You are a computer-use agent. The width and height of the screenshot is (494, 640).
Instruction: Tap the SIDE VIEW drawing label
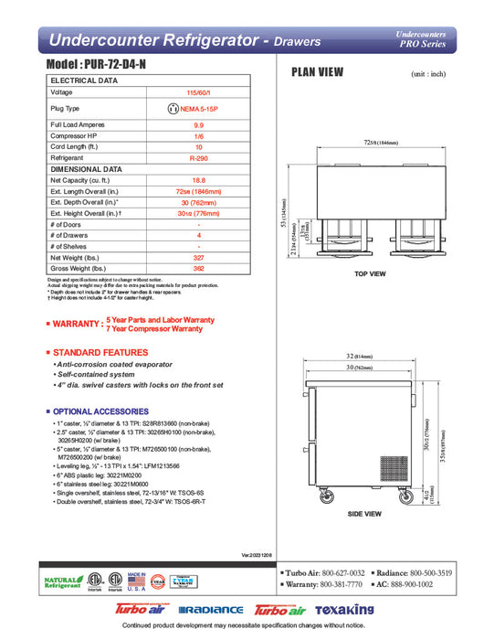pos(365,514)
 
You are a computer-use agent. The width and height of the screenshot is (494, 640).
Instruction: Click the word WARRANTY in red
pos(78,324)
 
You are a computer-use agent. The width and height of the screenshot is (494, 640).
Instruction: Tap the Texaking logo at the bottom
pos(344,609)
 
